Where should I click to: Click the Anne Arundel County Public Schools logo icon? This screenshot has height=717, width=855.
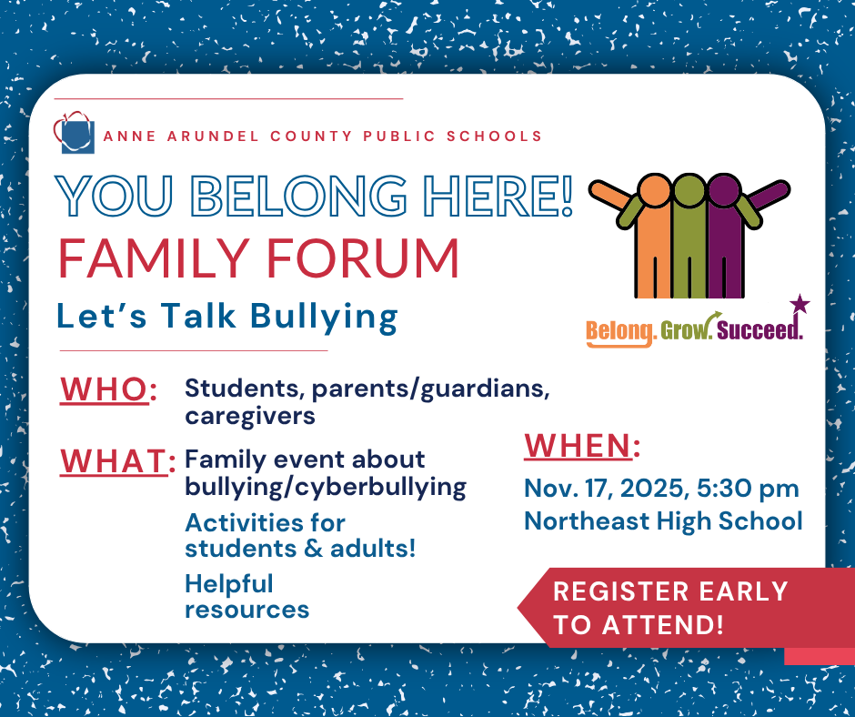click(75, 134)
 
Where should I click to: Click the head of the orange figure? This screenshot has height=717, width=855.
click(654, 190)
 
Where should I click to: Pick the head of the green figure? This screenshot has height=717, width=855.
click(689, 190)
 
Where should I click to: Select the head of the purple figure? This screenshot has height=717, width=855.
click(725, 190)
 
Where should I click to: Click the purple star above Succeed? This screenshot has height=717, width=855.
click(799, 304)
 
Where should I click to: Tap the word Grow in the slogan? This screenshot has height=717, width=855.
click(684, 330)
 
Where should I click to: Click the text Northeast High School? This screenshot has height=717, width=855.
click(663, 520)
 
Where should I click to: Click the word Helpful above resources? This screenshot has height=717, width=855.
click(228, 583)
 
